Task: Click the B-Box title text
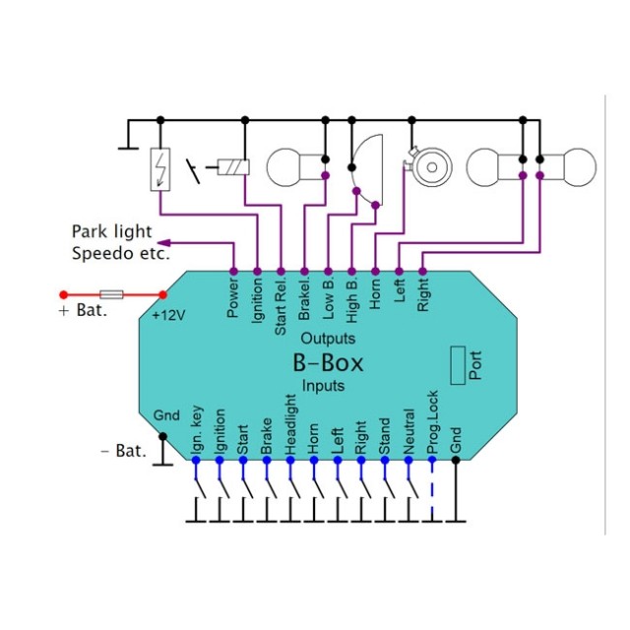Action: coord(328,362)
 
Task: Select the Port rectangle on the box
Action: coord(458,365)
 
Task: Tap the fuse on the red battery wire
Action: coord(113,294)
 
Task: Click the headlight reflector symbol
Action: coord(368,168)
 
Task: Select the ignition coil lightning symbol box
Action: coord(160,168)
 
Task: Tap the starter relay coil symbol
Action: coord(233,167)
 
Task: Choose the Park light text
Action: coord(111,231)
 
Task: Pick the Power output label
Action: coord(233,296)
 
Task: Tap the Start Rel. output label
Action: coord(282,304)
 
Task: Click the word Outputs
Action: coord(328,338)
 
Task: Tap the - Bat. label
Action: coord(124,451)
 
